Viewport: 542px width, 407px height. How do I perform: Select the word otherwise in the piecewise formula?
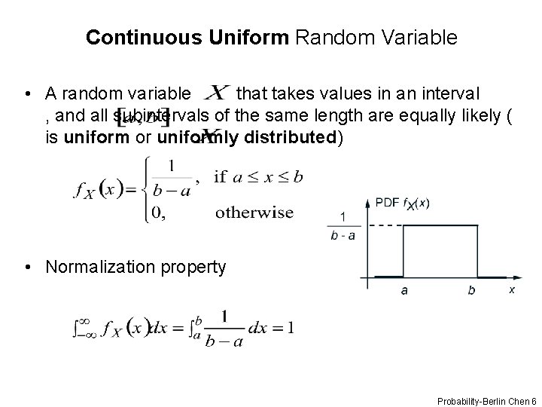pos(254,213)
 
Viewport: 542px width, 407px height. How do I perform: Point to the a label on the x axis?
pos(404,290)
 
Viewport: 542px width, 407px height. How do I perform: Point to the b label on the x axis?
pos(471,290)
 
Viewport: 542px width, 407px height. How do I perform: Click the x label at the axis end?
pos(512,289)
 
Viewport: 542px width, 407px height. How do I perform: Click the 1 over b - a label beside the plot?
pos(343,226)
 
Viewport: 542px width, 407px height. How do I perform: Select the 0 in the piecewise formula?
pos(157,213)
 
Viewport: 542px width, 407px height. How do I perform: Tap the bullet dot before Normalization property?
pos(27,267)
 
